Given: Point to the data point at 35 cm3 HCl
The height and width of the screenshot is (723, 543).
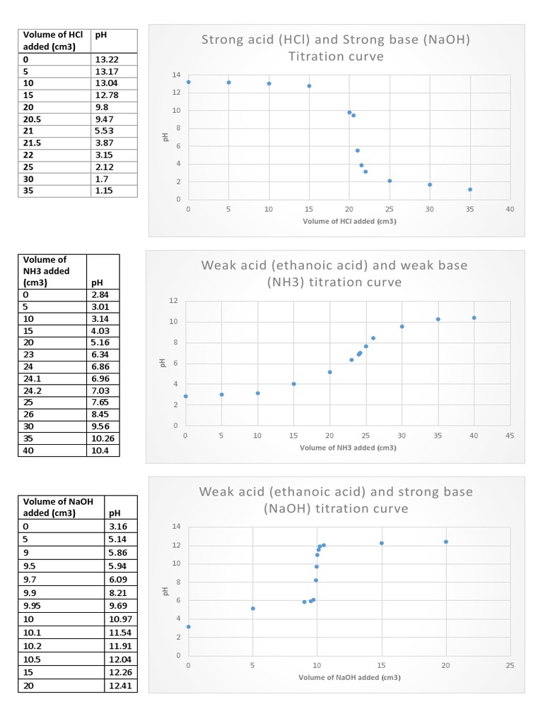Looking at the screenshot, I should click(x=470, y=189).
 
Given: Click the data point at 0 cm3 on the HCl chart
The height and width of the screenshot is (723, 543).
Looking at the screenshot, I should click(x=188, y=82).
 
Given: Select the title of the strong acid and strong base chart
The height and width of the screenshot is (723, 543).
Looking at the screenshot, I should click(x=336, y=47).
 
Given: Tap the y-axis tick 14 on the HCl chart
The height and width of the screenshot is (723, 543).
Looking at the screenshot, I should click(x=176, y=75).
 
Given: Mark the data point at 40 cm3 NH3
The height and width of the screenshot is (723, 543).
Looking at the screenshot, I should click(x=474, y=318).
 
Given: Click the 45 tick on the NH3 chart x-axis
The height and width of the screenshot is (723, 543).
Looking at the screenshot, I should click(x=510, y=436).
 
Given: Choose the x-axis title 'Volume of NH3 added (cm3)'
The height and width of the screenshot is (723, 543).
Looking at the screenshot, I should click(x=348, y=448).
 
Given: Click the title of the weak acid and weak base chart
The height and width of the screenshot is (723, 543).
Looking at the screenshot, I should click(x=334, y=274).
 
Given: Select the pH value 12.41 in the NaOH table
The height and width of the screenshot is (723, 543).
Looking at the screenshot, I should click(x=119, y=686).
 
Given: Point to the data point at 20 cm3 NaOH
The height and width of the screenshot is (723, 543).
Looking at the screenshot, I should click(x=446, y=542).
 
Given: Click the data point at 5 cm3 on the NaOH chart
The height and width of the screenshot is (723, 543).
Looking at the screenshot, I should click(x=252, y=608).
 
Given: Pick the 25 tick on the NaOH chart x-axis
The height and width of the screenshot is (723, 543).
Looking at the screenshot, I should click(x=510, y=665).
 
